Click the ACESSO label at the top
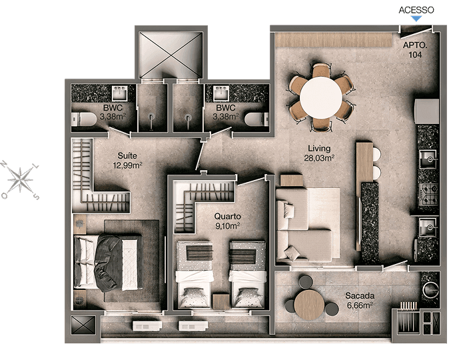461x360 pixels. [x=416, y=10]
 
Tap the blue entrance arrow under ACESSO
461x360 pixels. [x=416, y=19]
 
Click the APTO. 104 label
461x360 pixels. [x=415, y=50]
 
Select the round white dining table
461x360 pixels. [x=321, y=97]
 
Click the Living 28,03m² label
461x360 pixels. [x=319, y=153]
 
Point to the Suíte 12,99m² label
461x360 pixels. [x=127, y=160]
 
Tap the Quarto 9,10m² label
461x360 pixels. [x=227, y=221]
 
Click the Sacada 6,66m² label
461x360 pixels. [x=360, y=300]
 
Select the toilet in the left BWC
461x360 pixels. [x=84, y=119]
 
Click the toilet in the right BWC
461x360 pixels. [x=256, y=119]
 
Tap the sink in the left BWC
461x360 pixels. [x=120, y=93]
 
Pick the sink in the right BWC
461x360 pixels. [x=221, y=93]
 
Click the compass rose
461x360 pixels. [x=20, y=180]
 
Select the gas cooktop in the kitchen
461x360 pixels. [x=428, y=194]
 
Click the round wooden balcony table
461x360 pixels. [x=309, y=305]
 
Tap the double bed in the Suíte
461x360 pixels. [x=108, y=263]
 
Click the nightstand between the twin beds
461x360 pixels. [x=221, y=302]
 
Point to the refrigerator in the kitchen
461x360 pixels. [x=426, y=111]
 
